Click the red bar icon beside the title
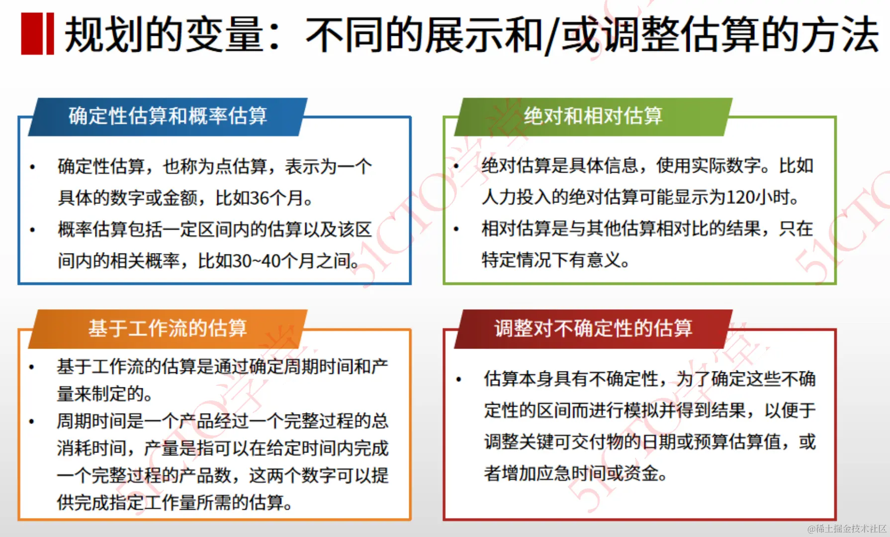click(x=37, y=34)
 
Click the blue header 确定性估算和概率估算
click(x=168, y=116)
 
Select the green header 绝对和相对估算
click(x=593, y=116)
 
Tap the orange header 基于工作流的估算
click(x=168, y=329)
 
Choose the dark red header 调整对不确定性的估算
click(x=593, y=329)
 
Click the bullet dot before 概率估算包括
click(x=32, y=230)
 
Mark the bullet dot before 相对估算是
click(x=456, y=229)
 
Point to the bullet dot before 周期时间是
click(x=31, y=422)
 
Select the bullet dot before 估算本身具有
click(x=458, y=380)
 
